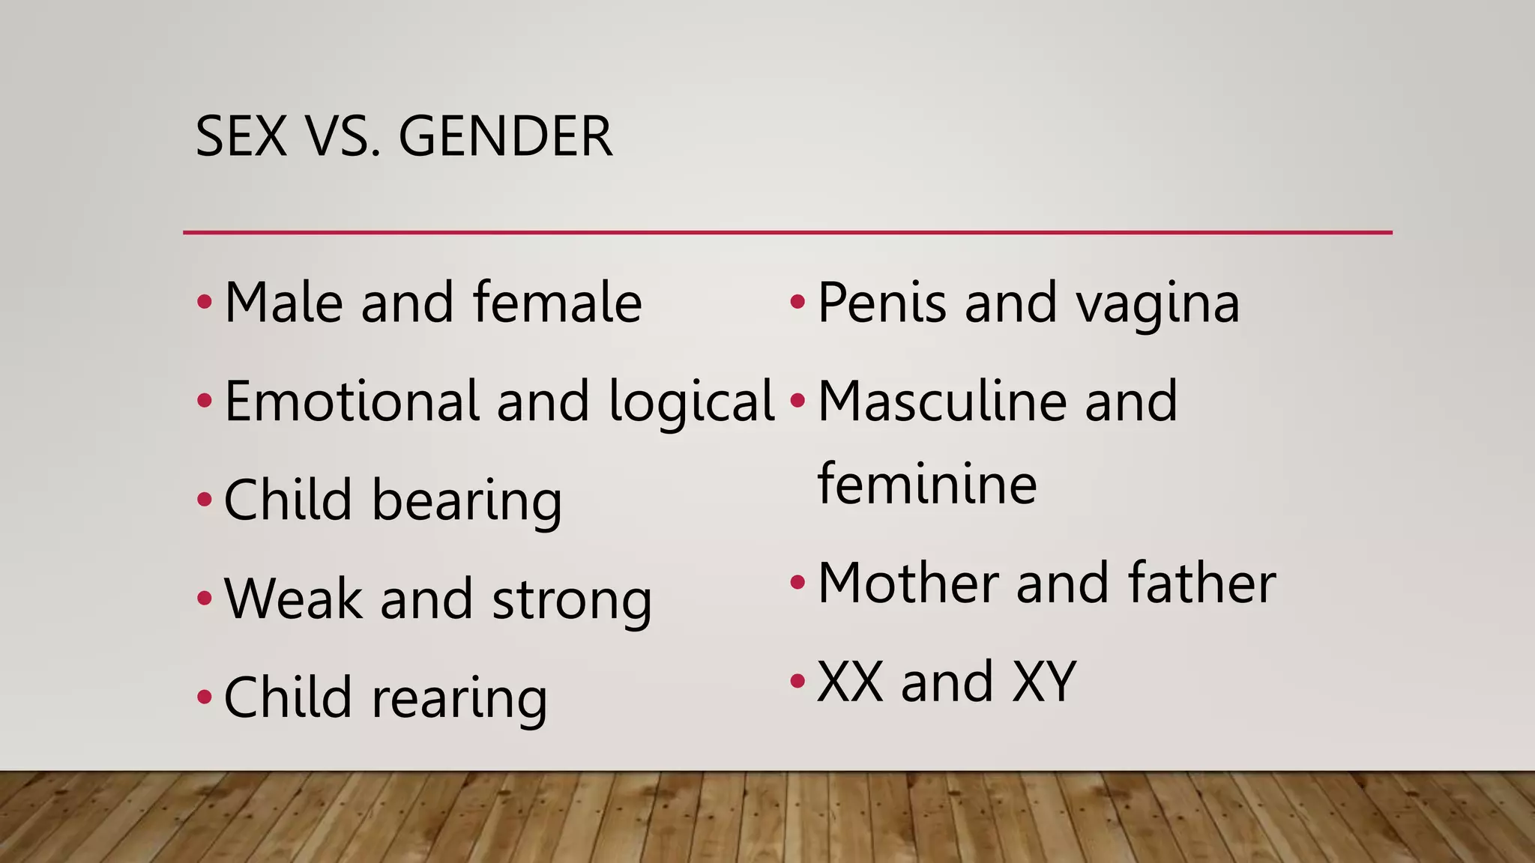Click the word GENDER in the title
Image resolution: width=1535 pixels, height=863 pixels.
pos(505,137)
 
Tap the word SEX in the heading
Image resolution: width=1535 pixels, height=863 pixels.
pos(241,137)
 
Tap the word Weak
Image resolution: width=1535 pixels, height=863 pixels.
pos(292,599)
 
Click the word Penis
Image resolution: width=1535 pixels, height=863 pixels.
pos(881,303)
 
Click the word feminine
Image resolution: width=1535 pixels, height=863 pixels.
pos(927,484)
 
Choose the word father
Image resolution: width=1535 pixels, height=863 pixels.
pos(1201,583)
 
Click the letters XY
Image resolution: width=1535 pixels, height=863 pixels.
pos(1044,682)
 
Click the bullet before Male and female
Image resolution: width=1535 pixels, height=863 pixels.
pos(205,303)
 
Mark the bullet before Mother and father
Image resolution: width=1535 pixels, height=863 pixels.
pos(797,582)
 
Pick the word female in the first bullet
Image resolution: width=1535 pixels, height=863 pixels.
pos(557,303)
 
